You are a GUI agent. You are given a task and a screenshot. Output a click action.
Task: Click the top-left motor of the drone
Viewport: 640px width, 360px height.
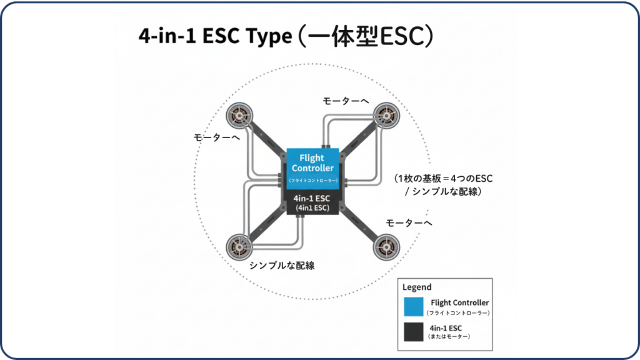(239, 116)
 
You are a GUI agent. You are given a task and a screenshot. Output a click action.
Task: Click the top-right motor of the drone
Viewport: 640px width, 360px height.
(386, 116)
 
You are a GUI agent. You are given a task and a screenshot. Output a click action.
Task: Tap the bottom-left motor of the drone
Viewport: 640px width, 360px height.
(239, 245)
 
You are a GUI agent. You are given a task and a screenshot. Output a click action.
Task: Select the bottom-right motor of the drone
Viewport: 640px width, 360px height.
(386, 248)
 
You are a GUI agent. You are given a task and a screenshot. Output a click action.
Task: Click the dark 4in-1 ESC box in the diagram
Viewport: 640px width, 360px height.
(312, 202)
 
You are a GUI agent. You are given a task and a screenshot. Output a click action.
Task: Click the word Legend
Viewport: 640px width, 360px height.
(417, 287)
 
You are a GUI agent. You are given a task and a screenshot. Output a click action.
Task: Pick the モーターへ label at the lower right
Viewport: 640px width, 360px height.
(409, 222)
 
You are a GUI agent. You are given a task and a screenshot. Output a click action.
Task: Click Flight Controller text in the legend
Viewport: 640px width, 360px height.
(459, 302)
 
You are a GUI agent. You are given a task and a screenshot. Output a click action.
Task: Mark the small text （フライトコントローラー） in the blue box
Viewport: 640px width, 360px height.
(313, 181)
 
